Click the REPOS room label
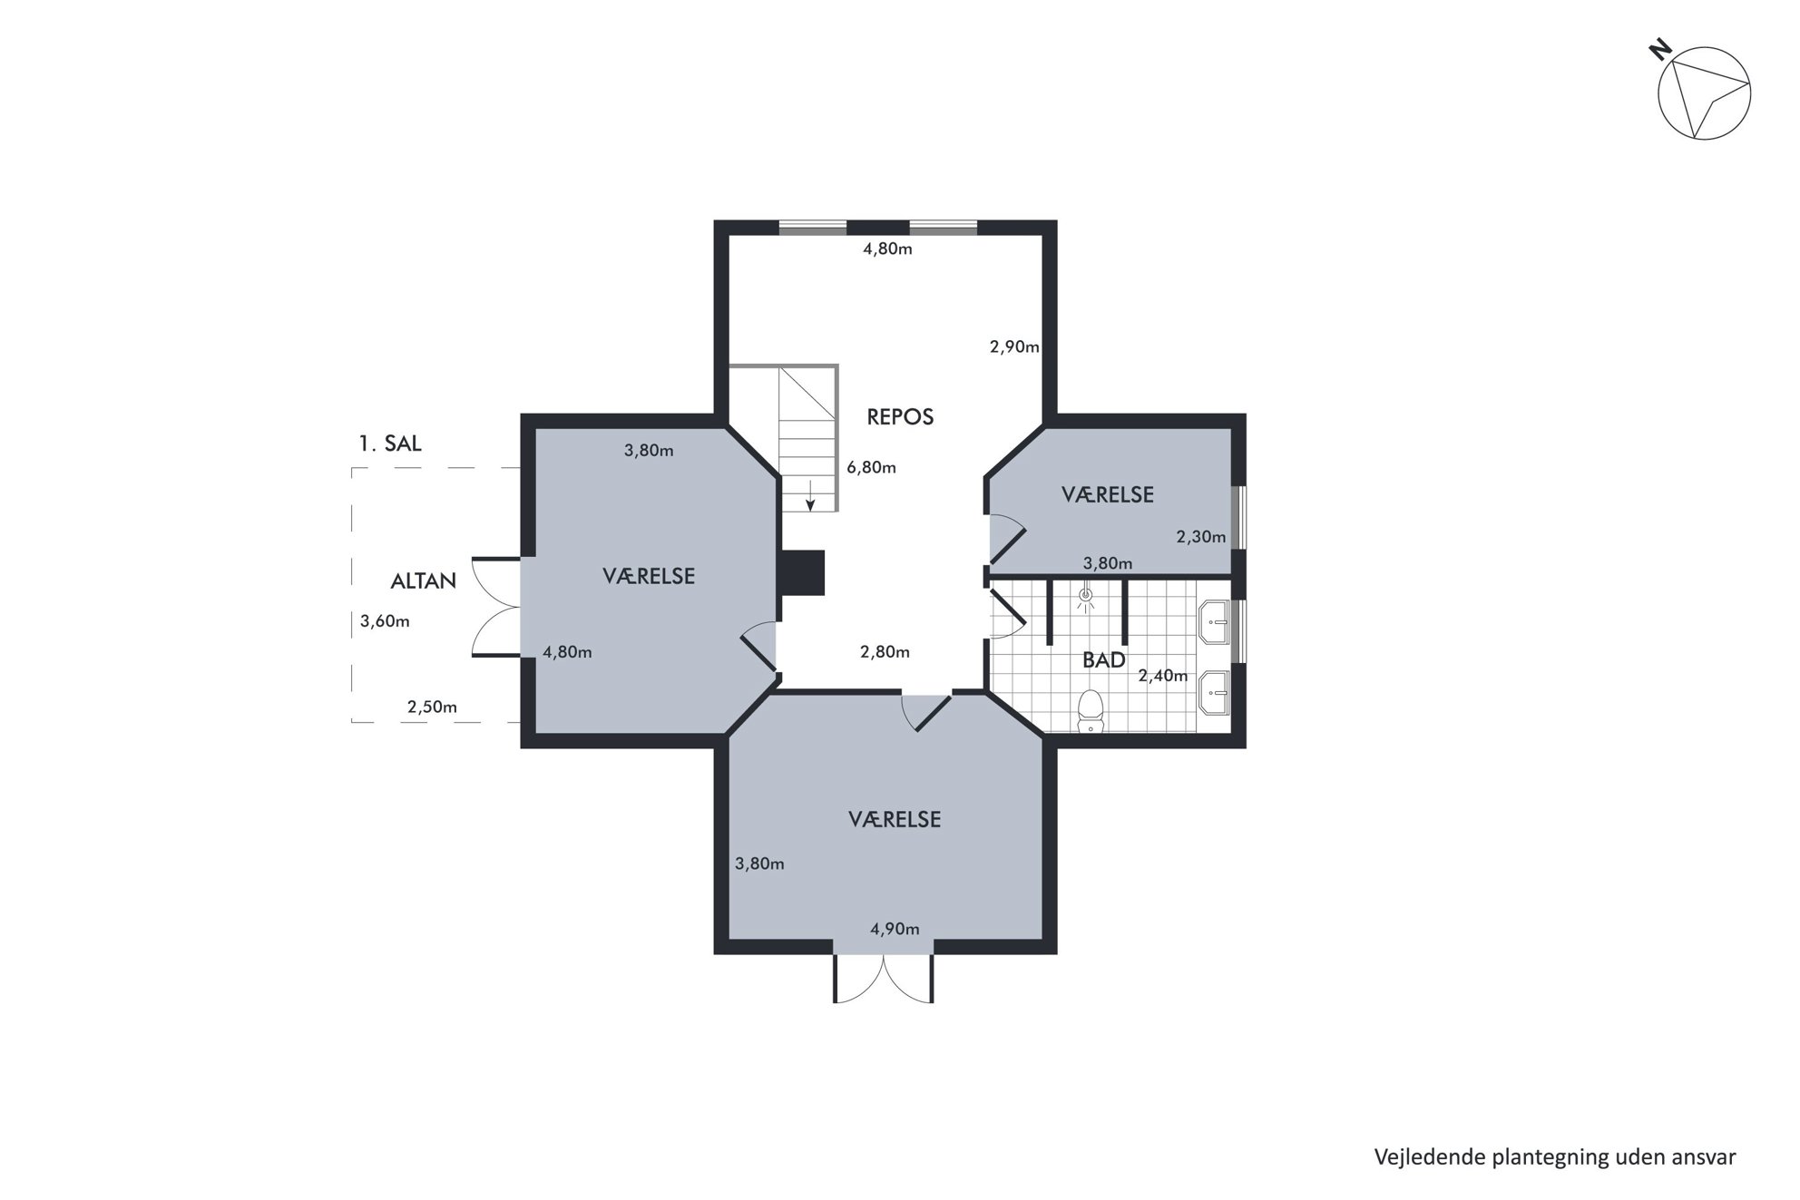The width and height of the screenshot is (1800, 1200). [x=900, y=416]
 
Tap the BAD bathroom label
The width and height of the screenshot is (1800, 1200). [x=1104, y=659]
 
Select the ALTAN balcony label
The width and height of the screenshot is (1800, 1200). [x=423, y=580]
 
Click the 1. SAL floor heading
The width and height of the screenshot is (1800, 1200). [x=390, y=444]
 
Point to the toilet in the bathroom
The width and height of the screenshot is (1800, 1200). [x=1090, y=711]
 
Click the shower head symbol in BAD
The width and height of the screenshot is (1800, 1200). [x=1086, y=596]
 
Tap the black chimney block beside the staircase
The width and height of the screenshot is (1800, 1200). [x=801, y=572]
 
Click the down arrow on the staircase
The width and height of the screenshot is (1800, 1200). [x=810, y=495]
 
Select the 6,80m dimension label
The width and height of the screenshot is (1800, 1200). [x=871, y=468]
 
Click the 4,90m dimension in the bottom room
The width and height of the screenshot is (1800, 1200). [x=895, y=929]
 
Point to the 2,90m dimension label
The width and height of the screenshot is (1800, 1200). [x=1014, y=346]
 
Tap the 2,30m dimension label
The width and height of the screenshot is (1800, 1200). [x=1201, y=537]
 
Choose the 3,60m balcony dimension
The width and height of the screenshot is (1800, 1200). [x=385, y=621]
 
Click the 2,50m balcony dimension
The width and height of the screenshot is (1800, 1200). [x=432, y=707]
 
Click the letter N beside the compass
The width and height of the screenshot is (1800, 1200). [x=1660, y=50]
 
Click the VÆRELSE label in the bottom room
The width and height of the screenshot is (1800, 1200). [x=895, y=819]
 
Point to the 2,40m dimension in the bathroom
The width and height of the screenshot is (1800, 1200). [x=1163, y=675]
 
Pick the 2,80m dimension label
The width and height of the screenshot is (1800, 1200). [x=885, y=652]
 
